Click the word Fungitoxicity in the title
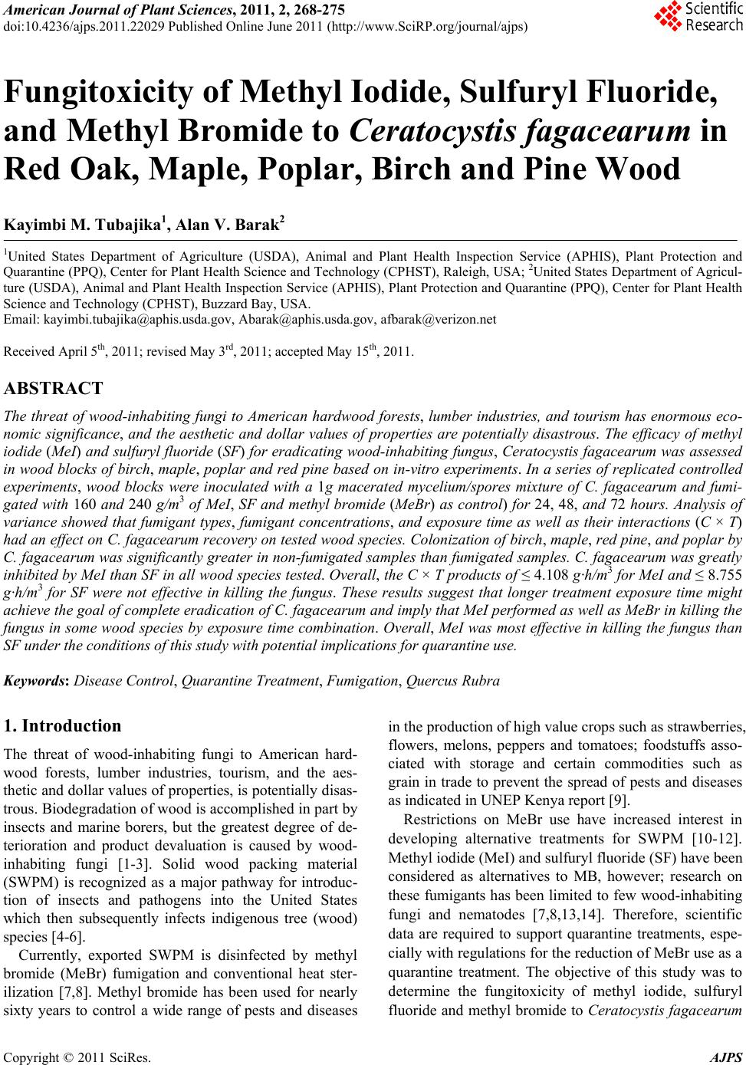(115, 94)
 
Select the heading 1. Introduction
(63, 725)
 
